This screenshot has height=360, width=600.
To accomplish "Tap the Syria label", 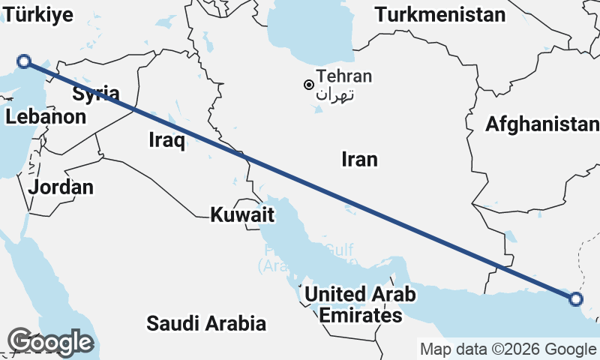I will tap(96, 94).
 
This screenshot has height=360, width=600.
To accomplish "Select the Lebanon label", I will tap(46, 117).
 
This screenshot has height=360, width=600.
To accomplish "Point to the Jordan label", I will tap(61, 187).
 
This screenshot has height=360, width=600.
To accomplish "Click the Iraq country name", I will tap(166, 139).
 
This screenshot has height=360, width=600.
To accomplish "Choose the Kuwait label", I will tap(241, 215).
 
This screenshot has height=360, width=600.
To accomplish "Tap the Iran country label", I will tap(359, 159).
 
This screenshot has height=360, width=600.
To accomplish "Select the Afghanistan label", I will tap(542, 124).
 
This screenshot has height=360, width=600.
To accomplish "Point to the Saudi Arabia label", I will tap(206, 324).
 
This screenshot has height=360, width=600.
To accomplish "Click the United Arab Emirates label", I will tap(360, 304).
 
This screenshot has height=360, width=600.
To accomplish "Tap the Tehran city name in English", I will tap(344, 76).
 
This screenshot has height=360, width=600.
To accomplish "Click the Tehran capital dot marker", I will tap(308, 85).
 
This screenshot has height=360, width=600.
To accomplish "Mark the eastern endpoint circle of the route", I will tap(575, 299).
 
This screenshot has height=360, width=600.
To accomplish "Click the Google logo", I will tap(51, 343).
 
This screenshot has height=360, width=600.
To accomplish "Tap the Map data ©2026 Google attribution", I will tap(508, 349).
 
